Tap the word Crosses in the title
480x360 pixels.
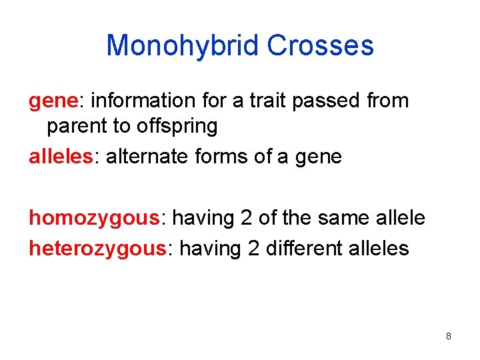click(320, 46)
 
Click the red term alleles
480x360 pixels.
click(62, 157)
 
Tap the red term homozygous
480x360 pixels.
click(94, 218)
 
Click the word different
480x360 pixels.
click(303, 249)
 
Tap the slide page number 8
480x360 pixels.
click(449, 337)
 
